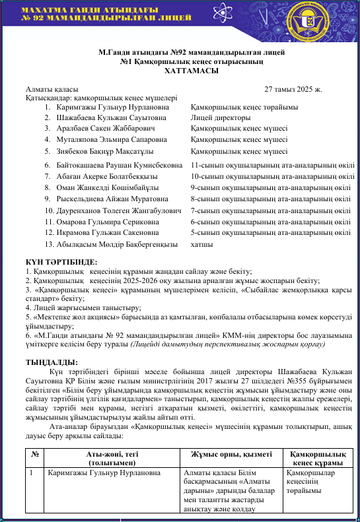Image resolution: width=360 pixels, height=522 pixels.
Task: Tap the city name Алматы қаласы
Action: pos(52,89)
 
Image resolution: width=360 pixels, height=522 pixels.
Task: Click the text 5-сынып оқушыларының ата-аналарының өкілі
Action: pos(270,233)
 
